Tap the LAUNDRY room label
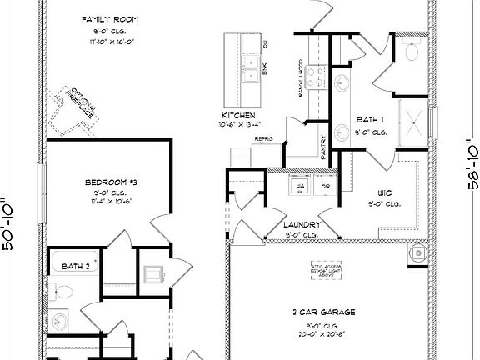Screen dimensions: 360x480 tap(302, 225)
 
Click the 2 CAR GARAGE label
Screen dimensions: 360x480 tap(325, 312)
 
